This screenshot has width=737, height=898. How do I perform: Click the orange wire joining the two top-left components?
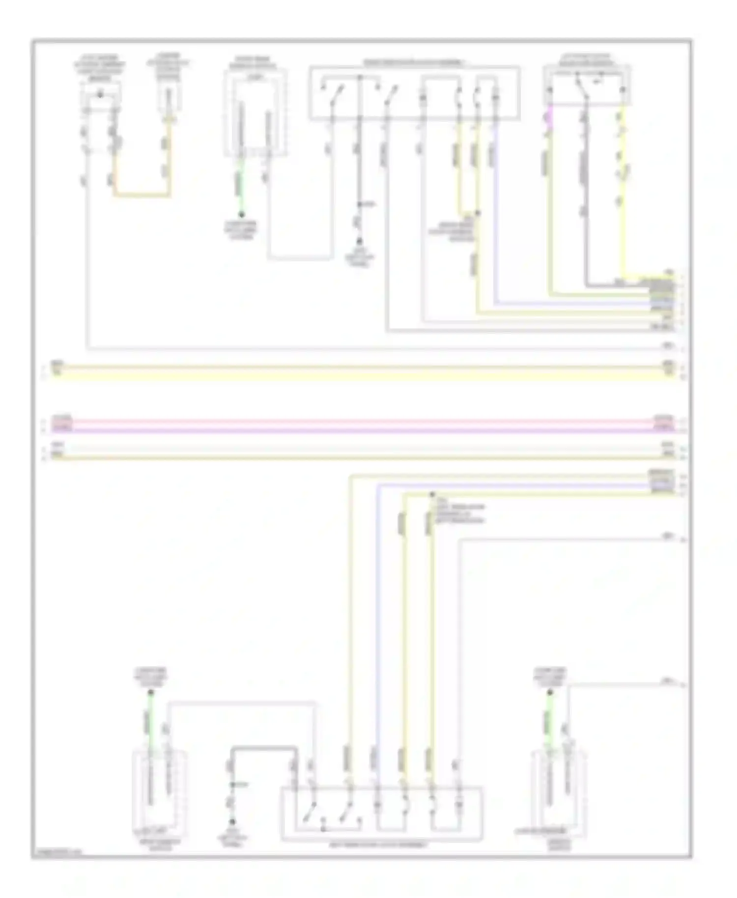142,196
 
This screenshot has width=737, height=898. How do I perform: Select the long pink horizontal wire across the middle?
364,421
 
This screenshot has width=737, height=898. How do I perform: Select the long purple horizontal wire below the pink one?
364,431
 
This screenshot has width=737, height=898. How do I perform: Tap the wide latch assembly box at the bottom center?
381,814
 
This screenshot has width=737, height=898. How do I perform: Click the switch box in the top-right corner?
587,86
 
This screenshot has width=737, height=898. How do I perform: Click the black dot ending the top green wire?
241,215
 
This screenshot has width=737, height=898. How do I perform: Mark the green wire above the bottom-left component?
150,720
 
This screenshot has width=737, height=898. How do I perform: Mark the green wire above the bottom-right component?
549,720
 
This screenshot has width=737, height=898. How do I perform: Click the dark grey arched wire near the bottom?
264,748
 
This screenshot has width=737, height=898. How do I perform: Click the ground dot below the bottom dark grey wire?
232,822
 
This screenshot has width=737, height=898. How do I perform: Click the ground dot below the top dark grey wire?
359,241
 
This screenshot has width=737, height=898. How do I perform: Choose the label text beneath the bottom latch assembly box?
378,845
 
